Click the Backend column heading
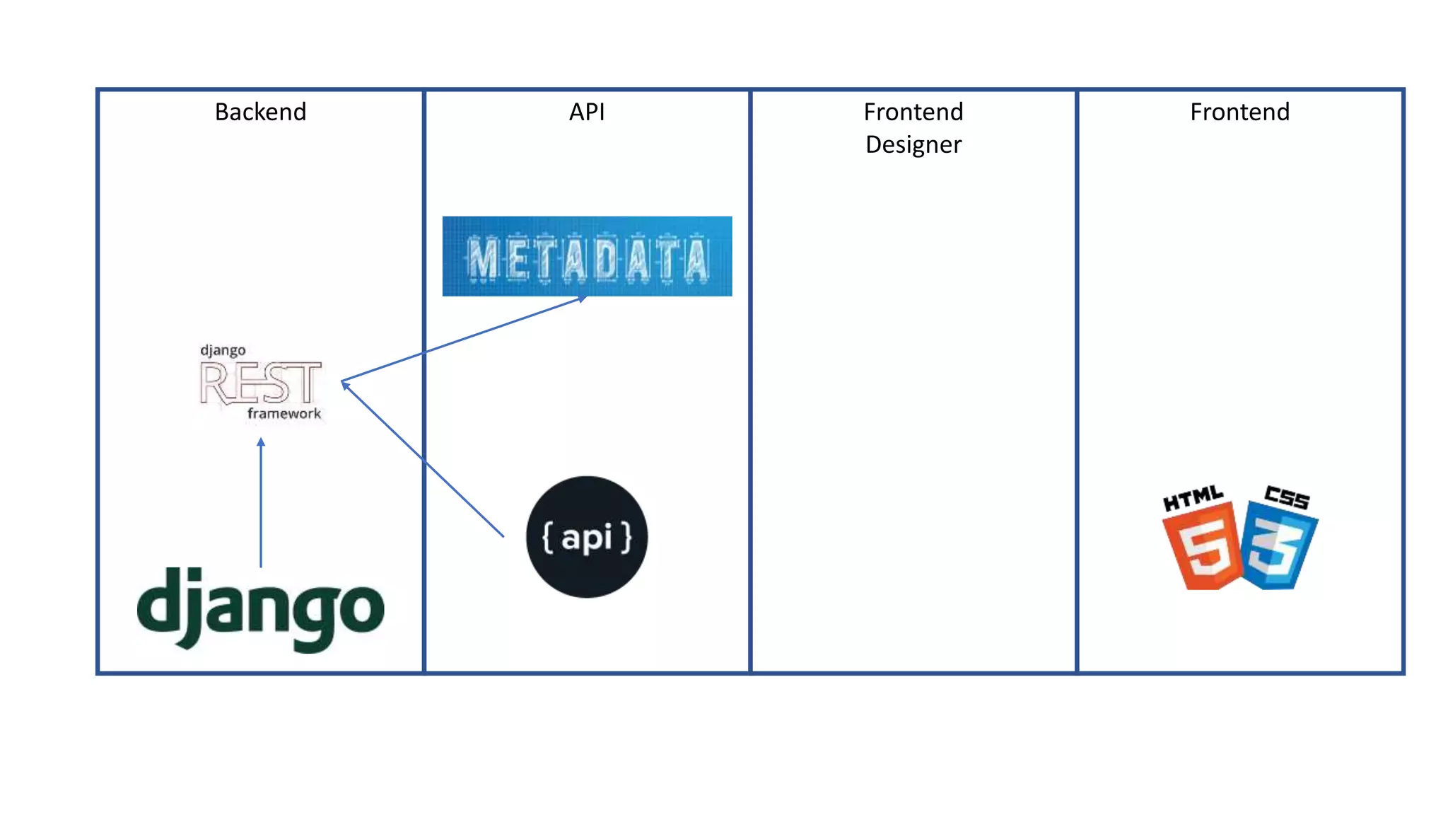(260, 112)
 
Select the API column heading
(586, 112)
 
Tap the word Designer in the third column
(913, 144)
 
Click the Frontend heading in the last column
(1239, 112)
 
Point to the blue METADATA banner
(587, 256)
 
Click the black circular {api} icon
(586, 537)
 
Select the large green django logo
(260, 608)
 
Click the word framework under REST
(284, 414)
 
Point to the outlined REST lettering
(260, 383)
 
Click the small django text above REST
(223, 350)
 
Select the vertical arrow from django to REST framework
(261, 502)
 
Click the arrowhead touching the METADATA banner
(583, 299)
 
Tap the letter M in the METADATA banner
(484, 260)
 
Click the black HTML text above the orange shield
(1193, 498)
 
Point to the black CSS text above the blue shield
(1287, 497)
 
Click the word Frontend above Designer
(913, 112)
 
